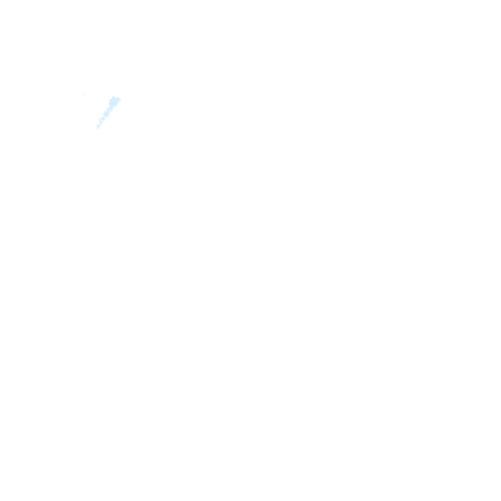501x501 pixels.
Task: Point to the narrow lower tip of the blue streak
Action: [x=98, y=127]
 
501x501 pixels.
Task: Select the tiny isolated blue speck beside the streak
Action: [x=84, y=94]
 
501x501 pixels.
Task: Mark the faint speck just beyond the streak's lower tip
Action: [x=92, y=136]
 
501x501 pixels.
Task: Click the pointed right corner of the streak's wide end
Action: [x=120, y=100]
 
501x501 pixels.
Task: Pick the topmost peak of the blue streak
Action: [x=114, y=97]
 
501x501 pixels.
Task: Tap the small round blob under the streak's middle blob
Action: [x=103, y=119]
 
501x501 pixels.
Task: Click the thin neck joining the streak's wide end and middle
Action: [x=111, y=109]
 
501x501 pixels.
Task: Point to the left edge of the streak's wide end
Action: [x=110, y=102]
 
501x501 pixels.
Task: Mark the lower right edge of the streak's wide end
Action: [x=117, y=104]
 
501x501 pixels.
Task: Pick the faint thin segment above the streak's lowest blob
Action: [x=100, y=122]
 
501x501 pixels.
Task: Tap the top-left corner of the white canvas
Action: [x=0, y=0]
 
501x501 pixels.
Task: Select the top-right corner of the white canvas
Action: [x=501, y=0]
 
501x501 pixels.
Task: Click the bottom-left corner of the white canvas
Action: [x=0, y=501]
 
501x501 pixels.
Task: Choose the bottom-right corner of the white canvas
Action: [x=501, y=501]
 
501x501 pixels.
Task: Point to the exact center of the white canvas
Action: [x=250, y=250]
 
